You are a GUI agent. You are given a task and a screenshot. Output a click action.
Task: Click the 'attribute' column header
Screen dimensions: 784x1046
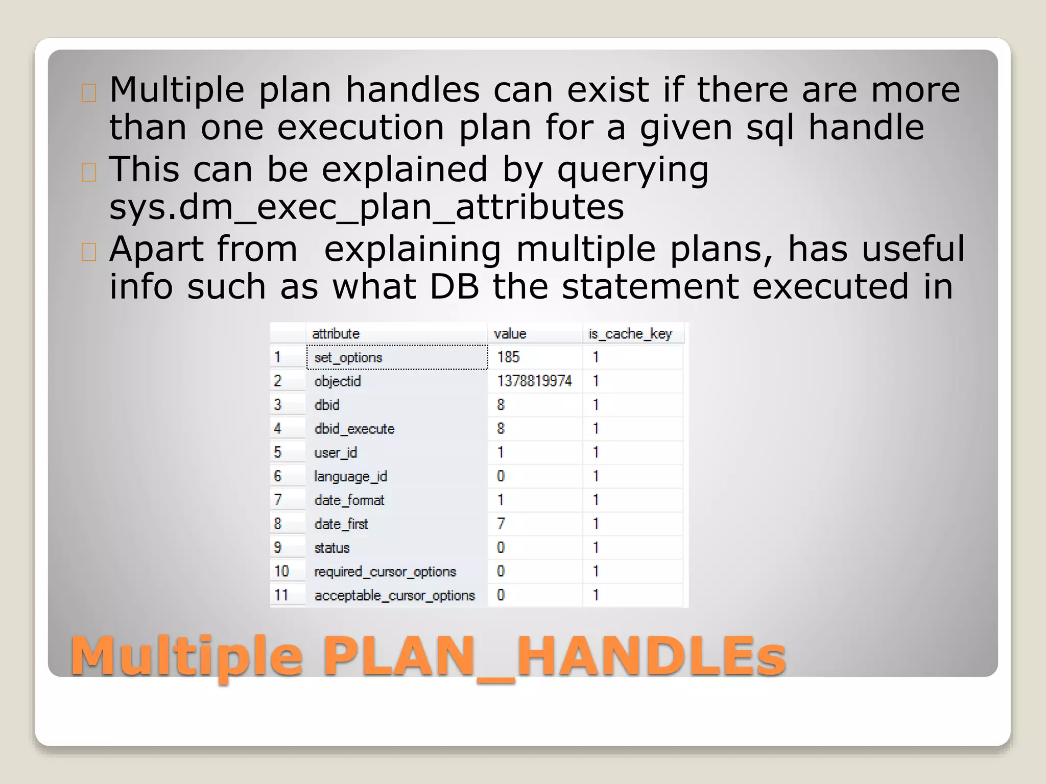click(336, 334)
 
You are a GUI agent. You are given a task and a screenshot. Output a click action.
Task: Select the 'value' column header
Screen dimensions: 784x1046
click(510, 334)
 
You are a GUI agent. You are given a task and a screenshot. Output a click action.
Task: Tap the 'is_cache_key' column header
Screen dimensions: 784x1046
click(630, 334)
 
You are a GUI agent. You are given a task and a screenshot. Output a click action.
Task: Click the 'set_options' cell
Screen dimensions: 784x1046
click(348, 357)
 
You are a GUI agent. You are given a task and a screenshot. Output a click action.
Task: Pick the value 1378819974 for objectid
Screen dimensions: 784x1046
click(534, 381)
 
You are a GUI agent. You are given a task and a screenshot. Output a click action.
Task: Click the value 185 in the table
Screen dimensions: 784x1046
click(508, 357)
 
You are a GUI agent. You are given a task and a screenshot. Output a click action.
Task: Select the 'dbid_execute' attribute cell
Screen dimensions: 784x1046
click(354, 429)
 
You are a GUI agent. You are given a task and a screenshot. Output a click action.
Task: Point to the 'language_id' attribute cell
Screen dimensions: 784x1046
click(350, 476)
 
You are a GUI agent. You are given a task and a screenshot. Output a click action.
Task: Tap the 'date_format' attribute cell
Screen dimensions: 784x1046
click(349, 500)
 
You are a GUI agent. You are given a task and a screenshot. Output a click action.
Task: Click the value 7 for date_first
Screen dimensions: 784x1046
click(501, 524)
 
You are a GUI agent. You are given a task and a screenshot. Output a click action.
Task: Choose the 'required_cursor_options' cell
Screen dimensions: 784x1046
click(385, 572)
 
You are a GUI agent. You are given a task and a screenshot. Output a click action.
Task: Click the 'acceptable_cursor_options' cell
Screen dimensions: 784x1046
click(394, 595)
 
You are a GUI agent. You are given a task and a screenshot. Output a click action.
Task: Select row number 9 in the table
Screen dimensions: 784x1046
click(277, 548)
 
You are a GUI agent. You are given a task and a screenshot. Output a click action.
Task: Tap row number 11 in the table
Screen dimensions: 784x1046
click(281, 595)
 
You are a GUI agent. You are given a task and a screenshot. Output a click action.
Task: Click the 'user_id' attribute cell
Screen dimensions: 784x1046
click(336, 453)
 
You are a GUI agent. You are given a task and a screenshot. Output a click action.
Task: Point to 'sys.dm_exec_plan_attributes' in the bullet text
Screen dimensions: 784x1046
click(366, 207)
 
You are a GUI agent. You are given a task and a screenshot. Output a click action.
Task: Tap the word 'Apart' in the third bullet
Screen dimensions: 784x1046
click(156, 249)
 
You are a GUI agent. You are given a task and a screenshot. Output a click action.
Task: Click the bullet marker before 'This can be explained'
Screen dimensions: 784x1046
click(88, 173)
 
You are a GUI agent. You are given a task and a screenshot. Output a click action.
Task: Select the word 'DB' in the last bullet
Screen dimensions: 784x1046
click(454, 286)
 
